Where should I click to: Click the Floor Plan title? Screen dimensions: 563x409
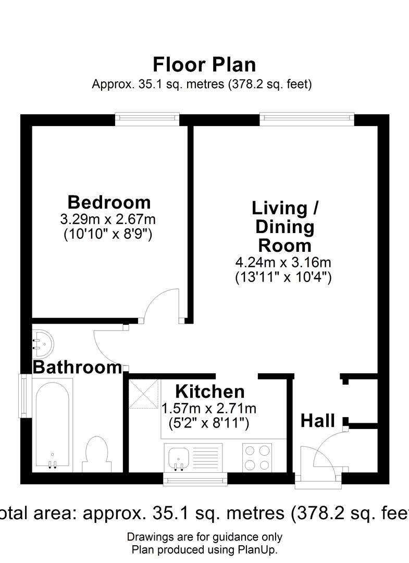[x=204, y=65]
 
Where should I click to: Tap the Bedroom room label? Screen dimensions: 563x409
[x=109, y=202]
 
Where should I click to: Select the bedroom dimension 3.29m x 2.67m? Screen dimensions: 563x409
[x=108, y=219]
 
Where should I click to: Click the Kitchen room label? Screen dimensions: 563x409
[x=209, y=391]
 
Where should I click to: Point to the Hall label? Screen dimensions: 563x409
[x=317, y=421]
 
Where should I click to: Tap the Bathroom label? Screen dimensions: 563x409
[x=77, y=367]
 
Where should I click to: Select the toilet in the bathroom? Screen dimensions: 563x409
[x=97, y=454]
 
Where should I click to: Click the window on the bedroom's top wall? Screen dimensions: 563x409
[x=147, y=119]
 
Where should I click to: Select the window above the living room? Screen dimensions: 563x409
[x=307, y=119]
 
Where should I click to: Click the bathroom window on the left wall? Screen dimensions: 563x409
[x=24, y=395]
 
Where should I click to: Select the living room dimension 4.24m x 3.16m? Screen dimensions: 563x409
[x=283, y=262]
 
